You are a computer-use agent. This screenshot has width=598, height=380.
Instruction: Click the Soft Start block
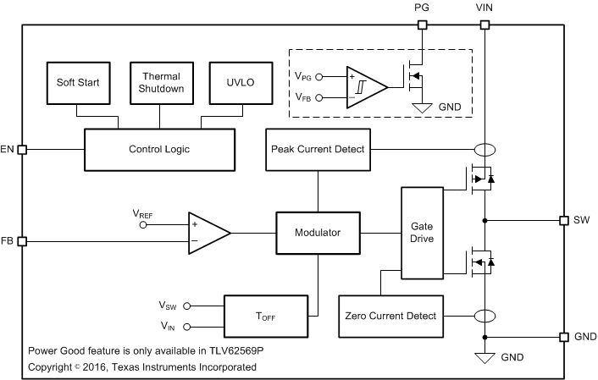click(x=76, y=82)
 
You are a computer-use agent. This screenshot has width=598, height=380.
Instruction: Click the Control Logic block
click(x=158, y=149)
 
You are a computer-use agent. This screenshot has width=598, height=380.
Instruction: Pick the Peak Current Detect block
click(x=318, y=149)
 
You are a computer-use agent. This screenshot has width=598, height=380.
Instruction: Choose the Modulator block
click(x=318, y=232)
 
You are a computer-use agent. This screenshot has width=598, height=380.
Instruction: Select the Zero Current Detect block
click(x=390, y=316)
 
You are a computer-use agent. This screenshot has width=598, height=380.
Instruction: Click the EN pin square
click(x=23, y=149)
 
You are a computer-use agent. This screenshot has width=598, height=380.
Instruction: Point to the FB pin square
click(x=23, y=241)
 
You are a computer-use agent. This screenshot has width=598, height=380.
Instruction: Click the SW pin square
click(x=563, y=220)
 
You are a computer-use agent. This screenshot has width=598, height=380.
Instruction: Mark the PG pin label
click(x=422, y=7)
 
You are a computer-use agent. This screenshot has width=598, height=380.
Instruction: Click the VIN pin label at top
click(x=485, y=7)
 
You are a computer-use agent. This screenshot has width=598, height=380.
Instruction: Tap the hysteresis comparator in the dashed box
click(x=365, y=86)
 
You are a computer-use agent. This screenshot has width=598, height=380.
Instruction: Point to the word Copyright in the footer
click(x=52, y=367)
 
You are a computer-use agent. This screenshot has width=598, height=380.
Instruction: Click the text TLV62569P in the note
click(x=246, y=350)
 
